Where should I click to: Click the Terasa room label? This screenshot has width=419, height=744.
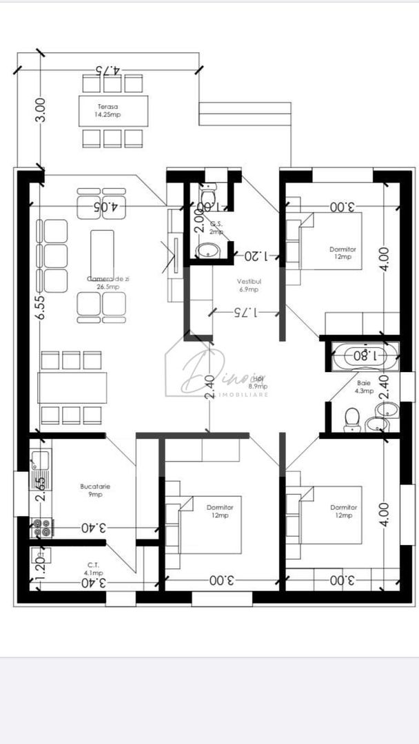tap(108, 111)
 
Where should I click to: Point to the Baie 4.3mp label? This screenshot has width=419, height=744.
tap(365, 386)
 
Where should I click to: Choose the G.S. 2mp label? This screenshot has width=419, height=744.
tap(216, 228)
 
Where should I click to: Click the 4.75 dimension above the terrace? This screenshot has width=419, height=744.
tap(108, 70)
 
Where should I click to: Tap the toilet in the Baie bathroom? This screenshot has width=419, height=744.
tap(352, 418)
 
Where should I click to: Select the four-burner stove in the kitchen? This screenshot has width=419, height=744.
tap(42, 528)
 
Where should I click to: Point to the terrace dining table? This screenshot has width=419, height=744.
tap(113, 111)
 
